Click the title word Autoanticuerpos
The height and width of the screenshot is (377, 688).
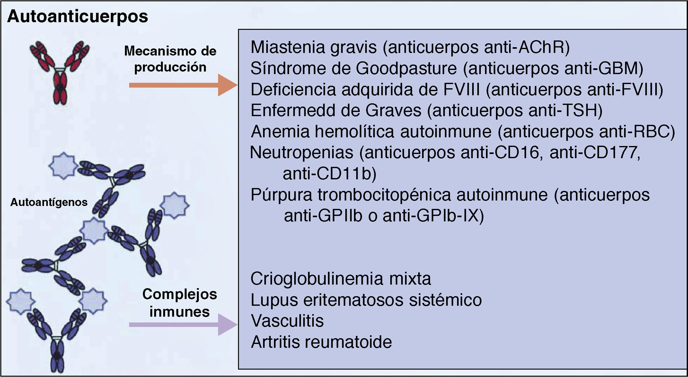77,17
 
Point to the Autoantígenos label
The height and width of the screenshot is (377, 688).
49,202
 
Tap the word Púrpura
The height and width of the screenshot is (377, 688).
281,195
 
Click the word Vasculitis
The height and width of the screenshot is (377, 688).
287,321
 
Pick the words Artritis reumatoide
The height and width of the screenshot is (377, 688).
321,342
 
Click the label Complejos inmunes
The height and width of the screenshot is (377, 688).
179,303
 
